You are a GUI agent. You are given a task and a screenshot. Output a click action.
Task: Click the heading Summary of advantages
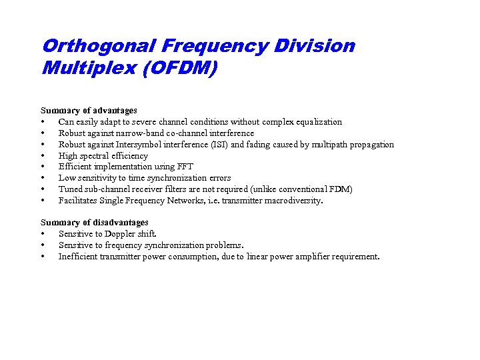[x=89, y=111]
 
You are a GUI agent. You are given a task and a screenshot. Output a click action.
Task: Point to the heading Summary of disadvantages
[x=95, y=223]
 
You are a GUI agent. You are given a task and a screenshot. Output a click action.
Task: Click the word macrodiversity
[x=291, y=201]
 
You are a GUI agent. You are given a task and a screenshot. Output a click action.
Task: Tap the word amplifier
[x=317, y=257]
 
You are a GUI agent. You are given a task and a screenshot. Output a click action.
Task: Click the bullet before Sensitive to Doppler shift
[x=43, y=234]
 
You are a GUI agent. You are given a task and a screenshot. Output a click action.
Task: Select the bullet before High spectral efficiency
[x=43, y=156]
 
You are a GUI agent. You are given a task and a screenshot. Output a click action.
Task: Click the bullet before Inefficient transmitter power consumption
[x=43, y=257]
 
